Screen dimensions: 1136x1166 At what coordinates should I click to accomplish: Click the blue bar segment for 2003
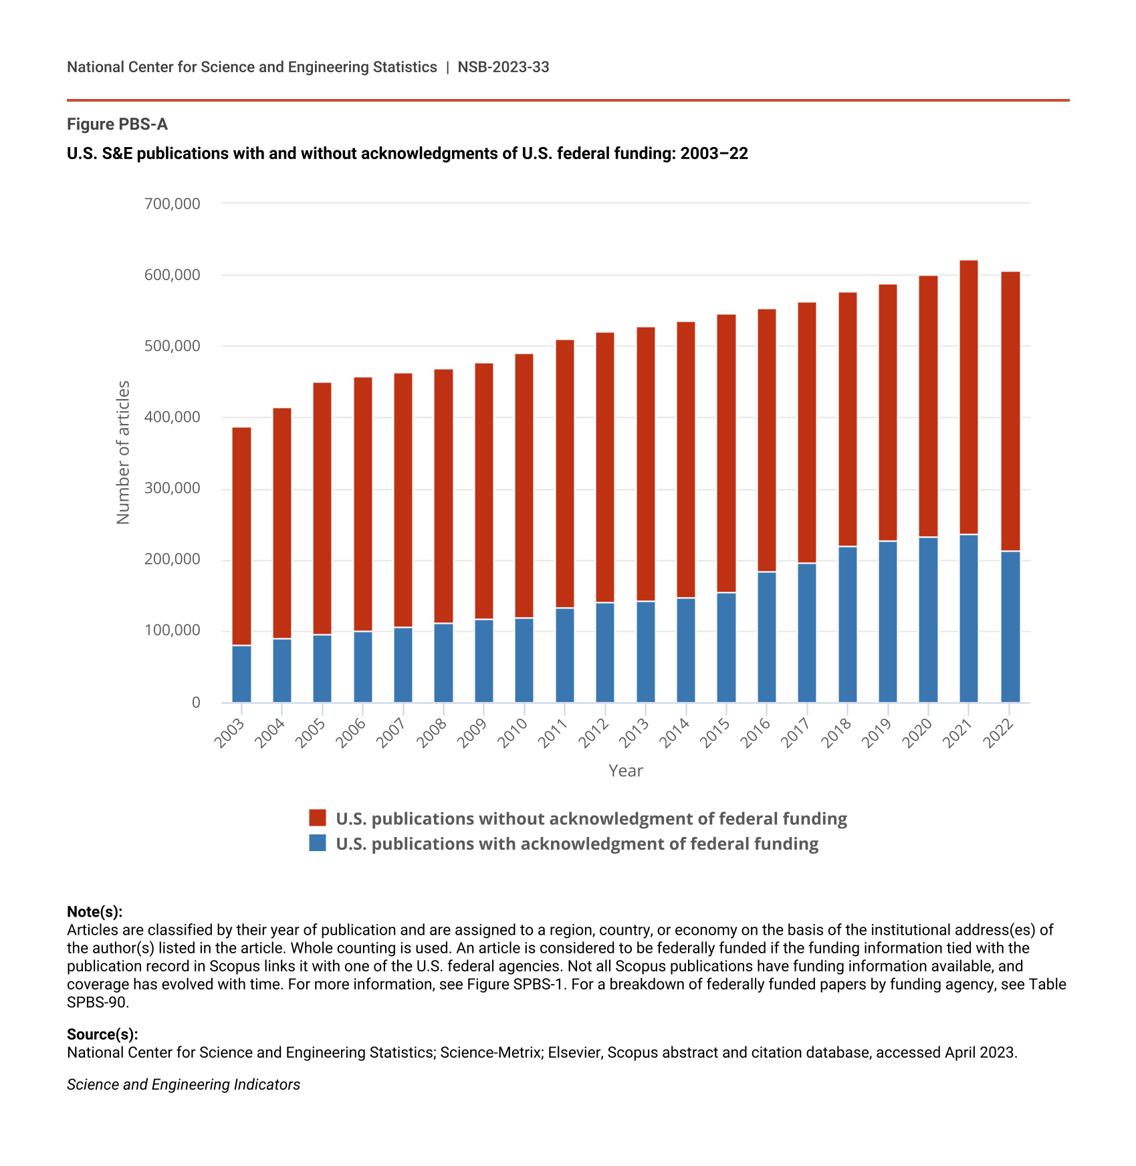[241, 674]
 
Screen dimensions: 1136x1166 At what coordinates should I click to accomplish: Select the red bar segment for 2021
[968, 397]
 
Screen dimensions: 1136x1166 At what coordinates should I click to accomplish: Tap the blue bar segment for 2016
[767, 637]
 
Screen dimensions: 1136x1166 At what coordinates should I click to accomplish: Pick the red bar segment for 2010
[524, 486]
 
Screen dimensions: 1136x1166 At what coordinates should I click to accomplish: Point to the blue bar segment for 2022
[1010, 627]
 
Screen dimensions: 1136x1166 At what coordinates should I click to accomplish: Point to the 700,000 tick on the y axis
[173, 203]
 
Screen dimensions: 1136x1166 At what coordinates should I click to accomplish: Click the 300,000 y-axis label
[173, 488]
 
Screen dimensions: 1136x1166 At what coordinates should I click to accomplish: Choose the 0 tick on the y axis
[196, 702]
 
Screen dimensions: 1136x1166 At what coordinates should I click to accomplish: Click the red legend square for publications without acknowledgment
[318, 818]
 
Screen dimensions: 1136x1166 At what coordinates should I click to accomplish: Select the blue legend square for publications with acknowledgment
[318, 842]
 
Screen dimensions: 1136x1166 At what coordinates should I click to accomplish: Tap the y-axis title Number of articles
[123, 453]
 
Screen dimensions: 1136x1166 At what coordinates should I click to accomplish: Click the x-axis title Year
[626, 771]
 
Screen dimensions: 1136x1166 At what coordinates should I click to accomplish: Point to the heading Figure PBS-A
[117, 124]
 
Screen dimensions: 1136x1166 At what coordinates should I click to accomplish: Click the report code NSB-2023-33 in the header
[503, 67]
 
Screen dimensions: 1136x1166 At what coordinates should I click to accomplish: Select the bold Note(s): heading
[95, 912]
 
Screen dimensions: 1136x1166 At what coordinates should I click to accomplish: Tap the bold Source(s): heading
[102, 1034]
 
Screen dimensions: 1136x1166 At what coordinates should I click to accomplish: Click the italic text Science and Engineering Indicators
[183, 1084]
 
